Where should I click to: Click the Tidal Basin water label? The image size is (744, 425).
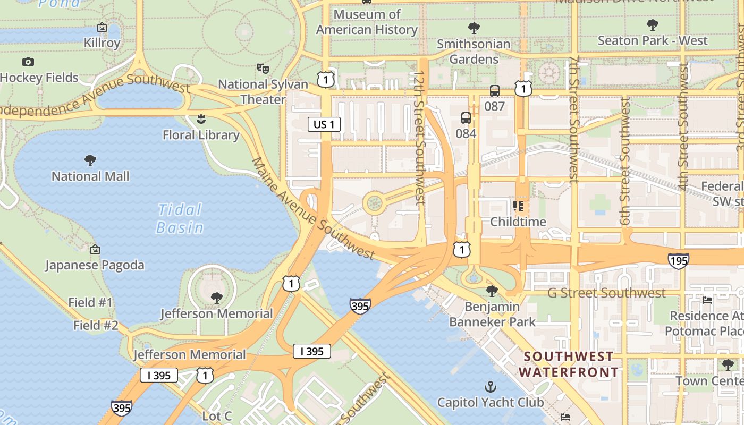click(180, 218)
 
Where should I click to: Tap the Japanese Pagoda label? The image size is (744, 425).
click(95, 265)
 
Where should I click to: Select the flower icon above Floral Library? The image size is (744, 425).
click(201, 119)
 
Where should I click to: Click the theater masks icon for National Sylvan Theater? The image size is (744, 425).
click(263, 68)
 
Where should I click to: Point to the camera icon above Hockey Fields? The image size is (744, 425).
click(28, 62)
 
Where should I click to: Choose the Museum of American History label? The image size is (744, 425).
click(367, 22)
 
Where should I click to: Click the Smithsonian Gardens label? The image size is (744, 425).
click(474, 51)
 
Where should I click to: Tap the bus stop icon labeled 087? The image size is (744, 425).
click(494, 91)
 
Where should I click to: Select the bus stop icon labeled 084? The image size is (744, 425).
click(466, 118)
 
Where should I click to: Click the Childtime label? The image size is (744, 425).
click(518, 222)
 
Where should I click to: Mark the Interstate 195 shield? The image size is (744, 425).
click(679, 260)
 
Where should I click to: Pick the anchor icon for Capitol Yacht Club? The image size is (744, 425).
click(491, 387)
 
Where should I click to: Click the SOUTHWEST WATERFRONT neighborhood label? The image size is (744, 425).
click(569, 364)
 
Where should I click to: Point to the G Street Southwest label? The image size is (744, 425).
click(606, 293)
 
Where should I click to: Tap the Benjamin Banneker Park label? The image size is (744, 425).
click(492, 314)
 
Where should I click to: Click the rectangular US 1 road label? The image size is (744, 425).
click(324, 124)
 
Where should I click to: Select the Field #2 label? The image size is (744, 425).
click(96, 325)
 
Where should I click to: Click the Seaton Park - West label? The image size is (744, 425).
click(652, 40)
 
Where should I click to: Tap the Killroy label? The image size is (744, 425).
click(102, 42)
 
